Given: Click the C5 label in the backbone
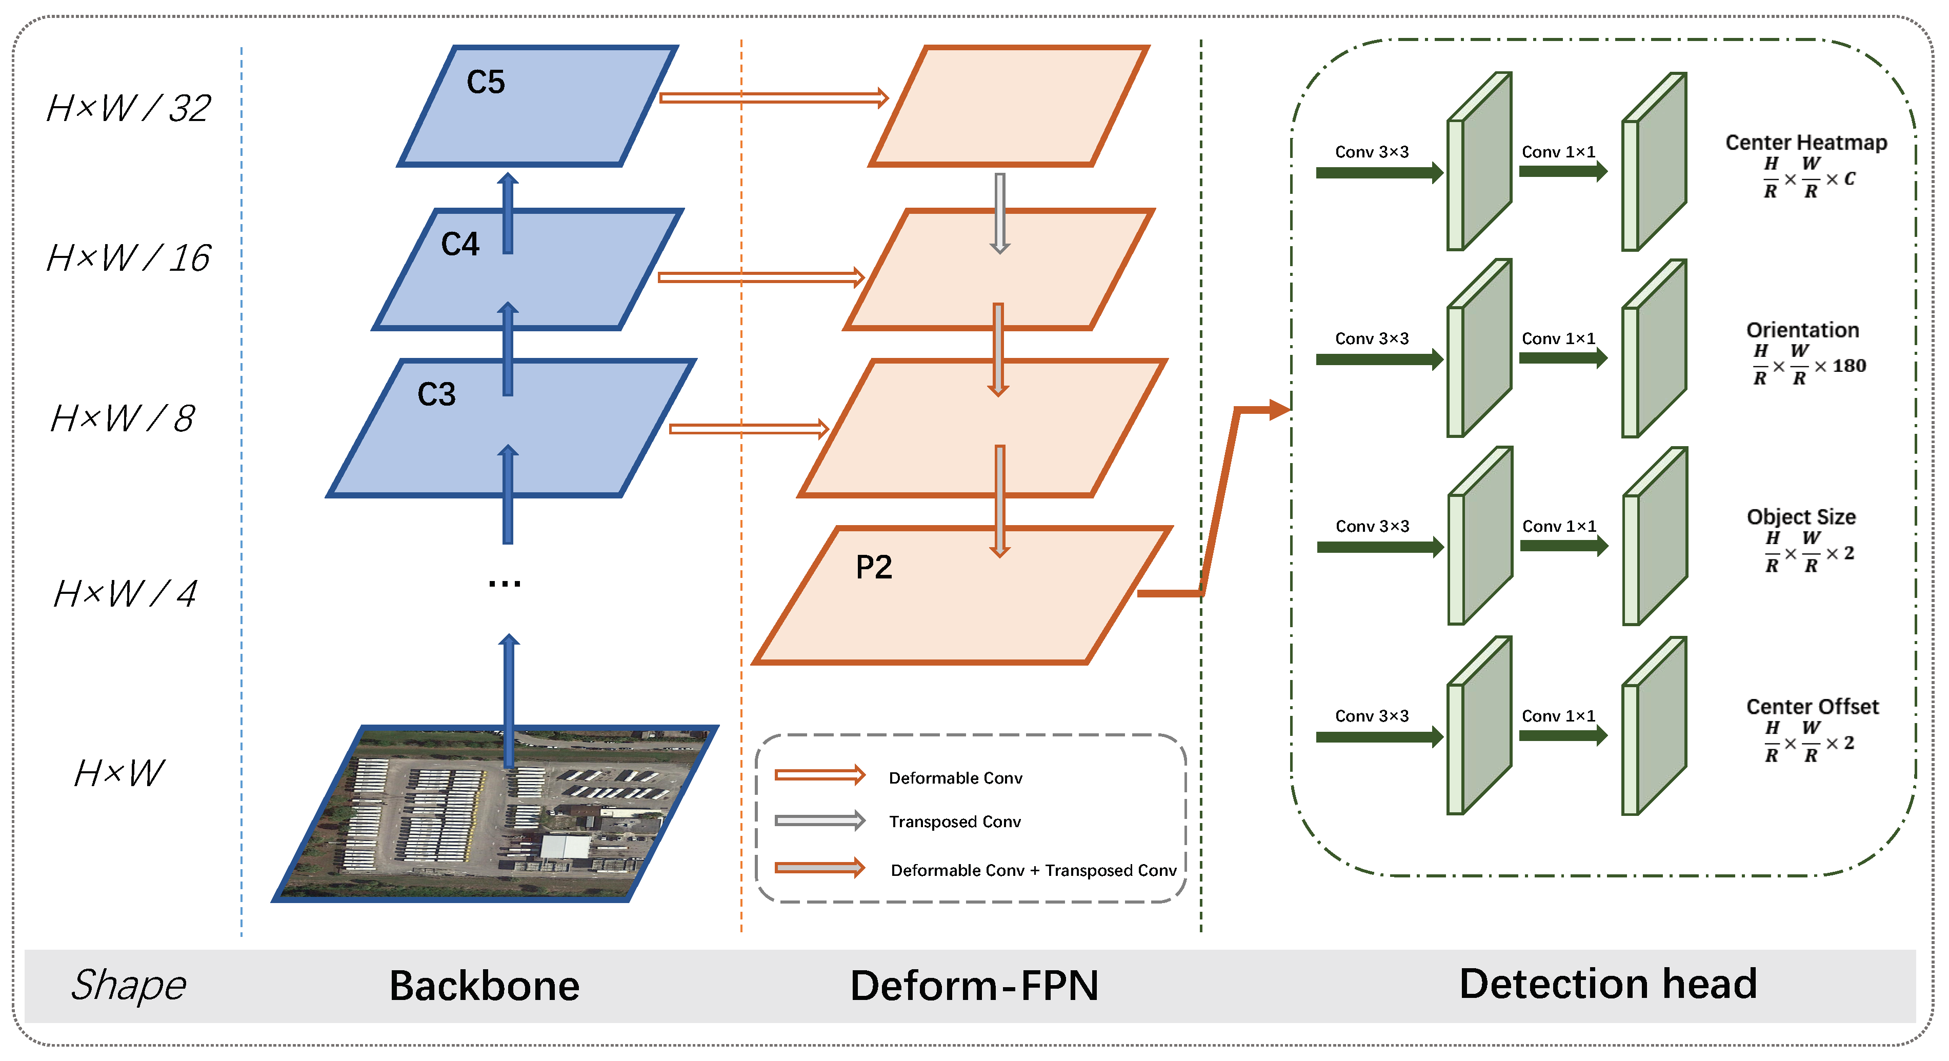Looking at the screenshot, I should point(485,82).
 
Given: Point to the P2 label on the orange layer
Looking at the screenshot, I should point(874,567).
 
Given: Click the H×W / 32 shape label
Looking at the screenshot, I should point(129,108).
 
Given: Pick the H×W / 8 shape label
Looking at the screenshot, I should point(123,418).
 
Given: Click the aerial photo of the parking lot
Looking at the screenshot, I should point(495,813).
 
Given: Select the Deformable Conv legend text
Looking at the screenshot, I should point(955,778).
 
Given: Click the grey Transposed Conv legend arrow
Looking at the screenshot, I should point(820,820).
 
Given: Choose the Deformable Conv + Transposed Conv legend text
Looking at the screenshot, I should point(1033,870).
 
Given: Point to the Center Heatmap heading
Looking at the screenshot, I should point(1805,142).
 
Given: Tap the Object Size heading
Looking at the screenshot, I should point(1801,517).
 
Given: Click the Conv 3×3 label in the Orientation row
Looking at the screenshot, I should point(1372,338).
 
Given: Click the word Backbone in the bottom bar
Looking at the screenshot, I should point(484,985).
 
